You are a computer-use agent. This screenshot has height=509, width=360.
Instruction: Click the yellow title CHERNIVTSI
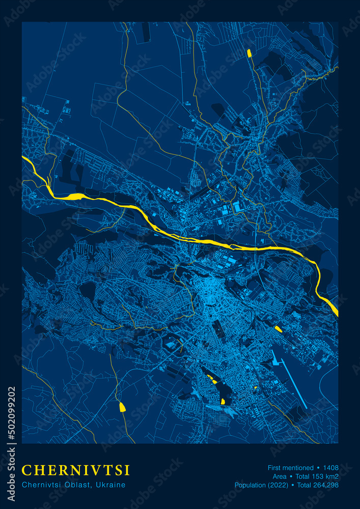tap(76, 470)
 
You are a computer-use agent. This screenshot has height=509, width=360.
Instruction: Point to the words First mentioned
tap(290, 467)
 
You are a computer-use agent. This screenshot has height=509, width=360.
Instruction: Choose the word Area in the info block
tap(279, 476)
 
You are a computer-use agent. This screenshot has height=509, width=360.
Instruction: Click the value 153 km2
tap(326, 476)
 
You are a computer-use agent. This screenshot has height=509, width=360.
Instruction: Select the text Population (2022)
tap(259, 485)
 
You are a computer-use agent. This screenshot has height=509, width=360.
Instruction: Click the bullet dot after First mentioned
tap(318, 467)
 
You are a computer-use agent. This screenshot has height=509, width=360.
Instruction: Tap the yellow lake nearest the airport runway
tap(278, 329)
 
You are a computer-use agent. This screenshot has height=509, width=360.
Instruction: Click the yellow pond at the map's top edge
tap(249, 53)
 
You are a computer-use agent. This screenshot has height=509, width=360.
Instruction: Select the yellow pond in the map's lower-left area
tap(122, 406)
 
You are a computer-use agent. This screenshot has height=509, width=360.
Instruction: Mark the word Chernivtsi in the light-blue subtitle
tap(39, 485)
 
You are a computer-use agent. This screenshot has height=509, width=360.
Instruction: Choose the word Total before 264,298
tap(305, 485)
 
